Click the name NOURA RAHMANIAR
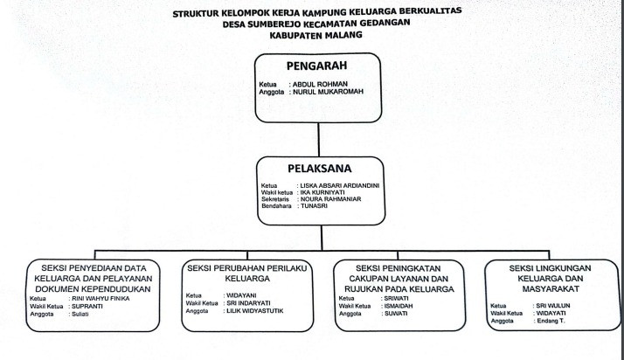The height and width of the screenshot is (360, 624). pos(330,200)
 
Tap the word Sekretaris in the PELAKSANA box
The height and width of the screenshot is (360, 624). pos(275,200)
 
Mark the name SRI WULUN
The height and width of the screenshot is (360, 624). pos(553,305)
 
